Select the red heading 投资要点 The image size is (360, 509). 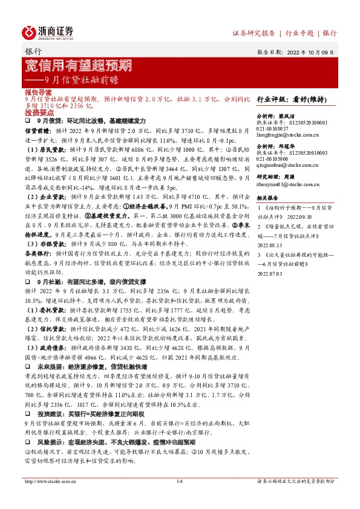point(35,112)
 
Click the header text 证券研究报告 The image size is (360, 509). point(254,33)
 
